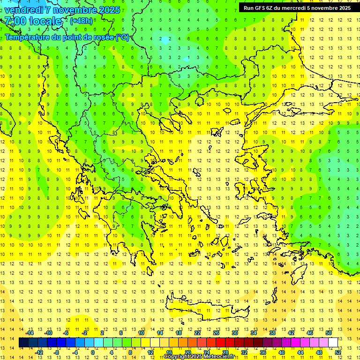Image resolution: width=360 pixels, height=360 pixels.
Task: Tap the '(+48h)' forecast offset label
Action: click(81, 21)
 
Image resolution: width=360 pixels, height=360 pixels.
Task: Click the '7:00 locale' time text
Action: click(33, 21)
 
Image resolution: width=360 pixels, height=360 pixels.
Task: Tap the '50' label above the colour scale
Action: click(328, 333)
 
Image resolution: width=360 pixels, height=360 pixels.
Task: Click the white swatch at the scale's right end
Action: click(333, 343)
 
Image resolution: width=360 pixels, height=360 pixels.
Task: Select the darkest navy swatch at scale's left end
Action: click(24, 343)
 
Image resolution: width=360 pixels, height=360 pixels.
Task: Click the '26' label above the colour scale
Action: click(216, 333)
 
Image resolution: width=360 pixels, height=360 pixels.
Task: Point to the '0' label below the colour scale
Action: click(93, 352)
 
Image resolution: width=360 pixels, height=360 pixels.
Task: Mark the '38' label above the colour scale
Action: click(272, 333)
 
